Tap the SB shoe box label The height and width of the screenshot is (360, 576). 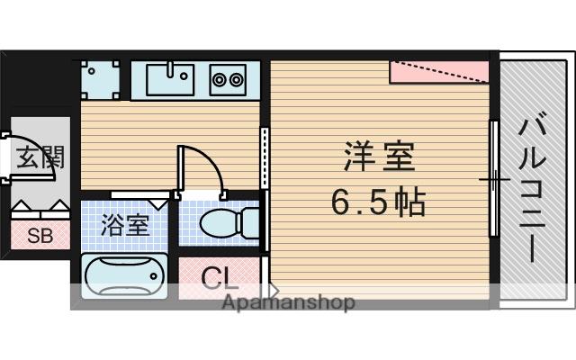[38, 237]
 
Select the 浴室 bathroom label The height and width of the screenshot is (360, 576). [125, 223]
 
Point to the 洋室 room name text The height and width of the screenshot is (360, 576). [379, 158]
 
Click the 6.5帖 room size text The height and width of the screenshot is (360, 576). [378, 203]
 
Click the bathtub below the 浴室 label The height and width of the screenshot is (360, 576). [124, 274]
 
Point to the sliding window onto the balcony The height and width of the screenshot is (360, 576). [494, 180]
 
